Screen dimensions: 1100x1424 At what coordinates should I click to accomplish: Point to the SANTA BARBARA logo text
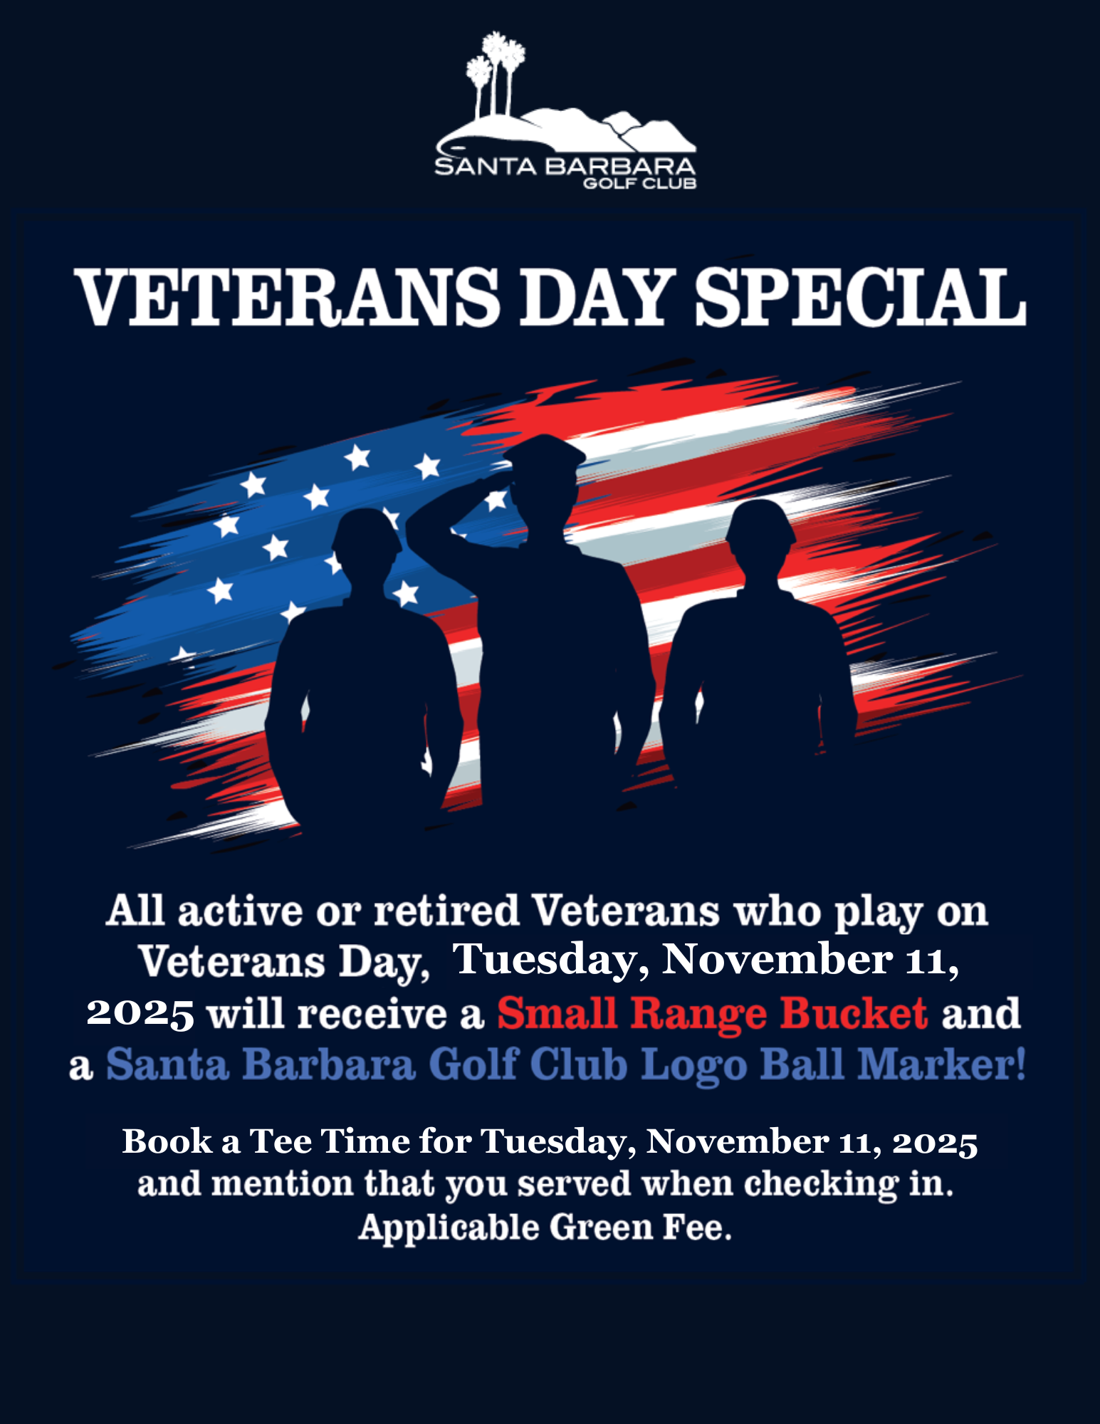(565, 167)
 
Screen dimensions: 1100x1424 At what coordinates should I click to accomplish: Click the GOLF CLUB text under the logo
(639, 184)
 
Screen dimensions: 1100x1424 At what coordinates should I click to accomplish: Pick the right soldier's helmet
(761, 522)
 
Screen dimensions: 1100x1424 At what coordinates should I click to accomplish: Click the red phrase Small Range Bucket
(713, 1013)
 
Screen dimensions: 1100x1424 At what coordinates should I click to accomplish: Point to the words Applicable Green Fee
(545, 1227)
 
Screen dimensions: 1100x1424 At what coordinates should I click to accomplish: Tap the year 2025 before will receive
(140, 1014)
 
